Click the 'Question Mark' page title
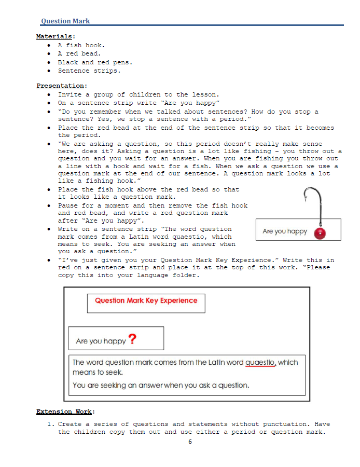pyautogui.click(x=65, y=21)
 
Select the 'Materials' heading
pyautogui.click(x=54, y=36)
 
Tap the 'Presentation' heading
pyautogui.click(x=61, y=86)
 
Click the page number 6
pyautogui.click(x=190, y=442)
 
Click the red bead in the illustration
pyautogui.click(x=321, y=232)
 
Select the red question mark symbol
pyautogui.click(x=133, y=339)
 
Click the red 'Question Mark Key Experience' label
pyautogui.click(x=146, y=300)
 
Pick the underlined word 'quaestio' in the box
pyautogui.click(x=260, y=363)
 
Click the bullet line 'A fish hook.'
pyautogui.click(x=81, y=45)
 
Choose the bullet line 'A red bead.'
pyautogui.click(x=79, y=53)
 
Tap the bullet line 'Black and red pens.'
pyautogui.click(x=95, y=62)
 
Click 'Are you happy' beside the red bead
pyautogui.click(x=285, y=231)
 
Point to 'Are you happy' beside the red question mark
pyautogui.click(x=101, y=341)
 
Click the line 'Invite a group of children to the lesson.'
pyautogui.click(x=139, y=94)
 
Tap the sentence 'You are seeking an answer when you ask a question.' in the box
pyautogui.click(x=161, y=386)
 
